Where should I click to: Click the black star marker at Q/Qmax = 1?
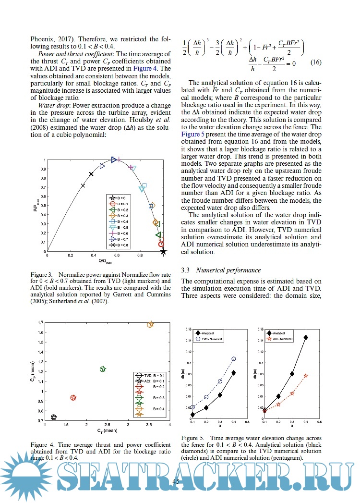point(164,251)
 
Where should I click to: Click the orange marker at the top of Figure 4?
point(150,325)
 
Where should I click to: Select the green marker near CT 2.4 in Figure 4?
point(102,369)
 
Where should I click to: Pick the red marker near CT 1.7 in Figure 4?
point(73,398)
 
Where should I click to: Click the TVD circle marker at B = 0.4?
point(234,359)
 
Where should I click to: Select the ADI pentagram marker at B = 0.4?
point(306,375)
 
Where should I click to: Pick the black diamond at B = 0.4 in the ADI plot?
point(306,337)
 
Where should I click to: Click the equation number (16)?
point(314,62)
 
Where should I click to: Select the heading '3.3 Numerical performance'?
point(215,271)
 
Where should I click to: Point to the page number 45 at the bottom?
point(176,481)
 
